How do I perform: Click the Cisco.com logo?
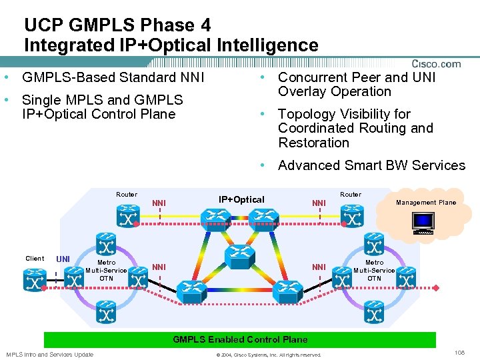click(436, 64)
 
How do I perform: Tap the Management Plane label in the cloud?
click(426, 203)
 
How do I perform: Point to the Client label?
click(35, 259)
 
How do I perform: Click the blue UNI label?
click(63, 259)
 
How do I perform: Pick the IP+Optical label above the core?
click(241, 199)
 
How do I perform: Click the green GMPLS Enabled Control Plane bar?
click(240, 340)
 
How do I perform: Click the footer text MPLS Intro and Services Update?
click(50, 354)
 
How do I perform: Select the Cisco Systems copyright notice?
click(269, 355)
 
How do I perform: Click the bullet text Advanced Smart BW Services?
click(371, 165)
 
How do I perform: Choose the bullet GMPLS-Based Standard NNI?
click(113, 77)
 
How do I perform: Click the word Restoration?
click(313, 143)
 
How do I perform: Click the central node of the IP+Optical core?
click(240, 254)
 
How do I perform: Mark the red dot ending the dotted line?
click(436, 287)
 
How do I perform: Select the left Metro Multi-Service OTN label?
click(106, 270)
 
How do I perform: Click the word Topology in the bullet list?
click(307, 114)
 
